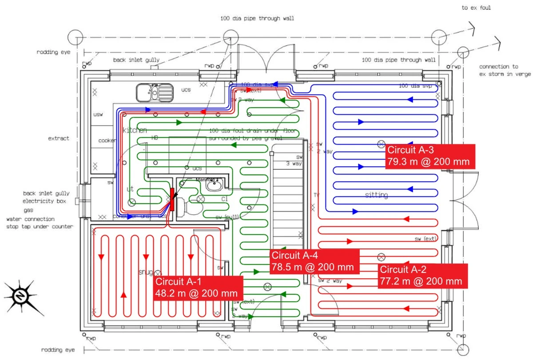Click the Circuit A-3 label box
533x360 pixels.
pos(430,156)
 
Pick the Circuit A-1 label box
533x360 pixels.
pos(199,288)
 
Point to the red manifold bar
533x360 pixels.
pos(172,200)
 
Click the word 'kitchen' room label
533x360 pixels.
pos(135,130)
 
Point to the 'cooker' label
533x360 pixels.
pos(107,140)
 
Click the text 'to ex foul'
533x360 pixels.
pos(476,8)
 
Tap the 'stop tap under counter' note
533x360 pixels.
pos(40,227)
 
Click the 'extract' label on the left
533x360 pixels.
pos(59,139)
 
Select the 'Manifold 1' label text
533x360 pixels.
pos(207,180)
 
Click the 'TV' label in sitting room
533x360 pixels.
pos(316,195)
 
